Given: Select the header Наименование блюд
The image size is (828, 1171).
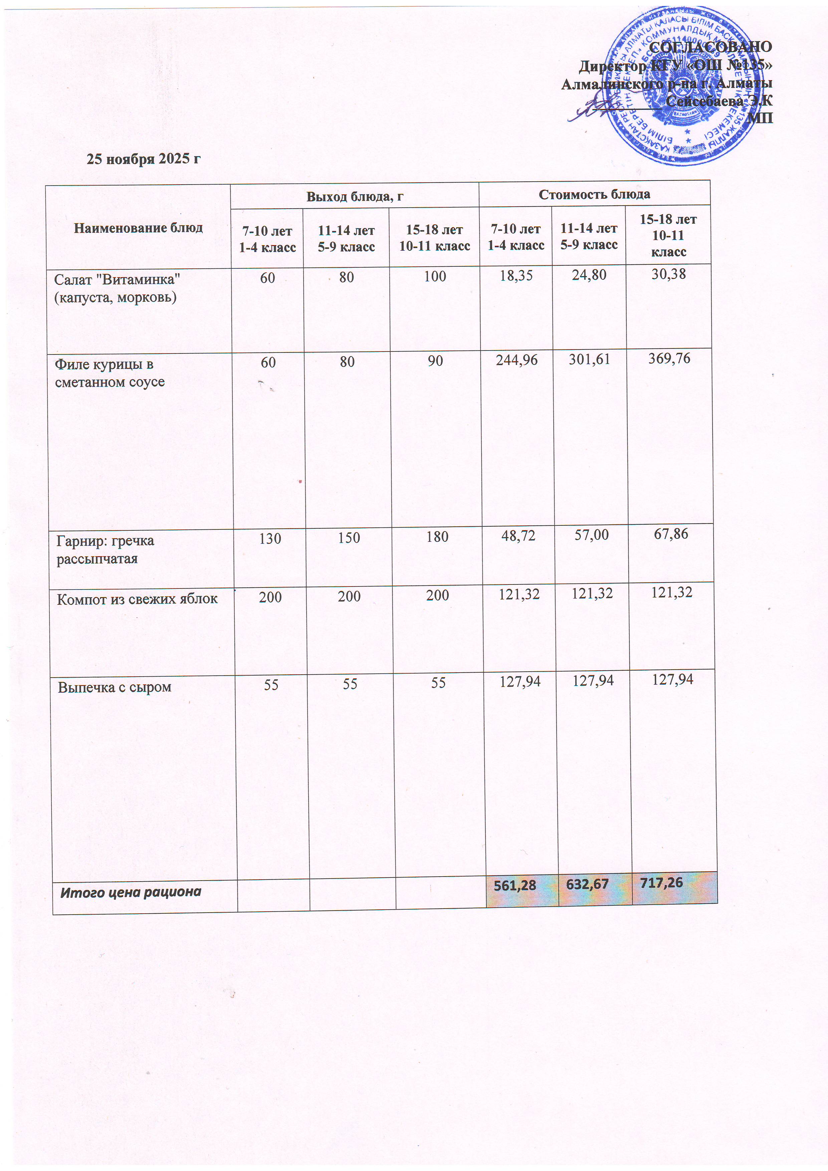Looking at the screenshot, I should point(138,227).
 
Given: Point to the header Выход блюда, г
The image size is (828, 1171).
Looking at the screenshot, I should point(355,196).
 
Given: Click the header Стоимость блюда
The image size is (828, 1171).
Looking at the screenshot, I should point(594,194).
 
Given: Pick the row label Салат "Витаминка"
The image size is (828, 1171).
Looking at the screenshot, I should point(117,288).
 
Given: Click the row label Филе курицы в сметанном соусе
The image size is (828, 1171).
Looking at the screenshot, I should point(110,373).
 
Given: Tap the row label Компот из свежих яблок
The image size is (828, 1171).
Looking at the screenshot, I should point(137,599).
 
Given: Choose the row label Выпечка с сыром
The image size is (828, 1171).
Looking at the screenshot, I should point(114,687).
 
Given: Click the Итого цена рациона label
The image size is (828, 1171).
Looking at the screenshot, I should point(131,892).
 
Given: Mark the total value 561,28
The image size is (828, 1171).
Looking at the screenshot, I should point(515,885).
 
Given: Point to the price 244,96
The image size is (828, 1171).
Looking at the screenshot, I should point(517,360).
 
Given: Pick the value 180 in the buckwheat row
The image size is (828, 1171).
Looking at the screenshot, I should point(437,536).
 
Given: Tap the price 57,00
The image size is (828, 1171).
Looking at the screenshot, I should point(591,535).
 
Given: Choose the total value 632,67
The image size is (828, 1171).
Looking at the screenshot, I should point(588,884).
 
